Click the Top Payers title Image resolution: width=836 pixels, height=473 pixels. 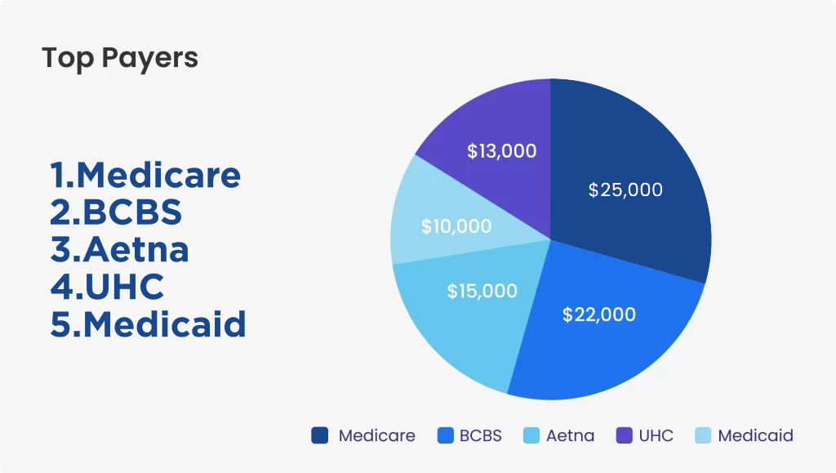120,58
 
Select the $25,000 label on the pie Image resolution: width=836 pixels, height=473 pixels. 625,190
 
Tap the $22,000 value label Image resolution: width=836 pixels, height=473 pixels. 598,315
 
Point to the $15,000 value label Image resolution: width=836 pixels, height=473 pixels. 482,291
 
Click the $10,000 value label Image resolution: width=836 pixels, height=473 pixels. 456,226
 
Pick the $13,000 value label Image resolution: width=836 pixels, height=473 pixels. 502,151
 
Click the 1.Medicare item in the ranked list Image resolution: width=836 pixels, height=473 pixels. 145,175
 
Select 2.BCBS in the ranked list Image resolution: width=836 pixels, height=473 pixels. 116,212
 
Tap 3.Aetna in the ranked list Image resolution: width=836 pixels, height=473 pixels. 119,249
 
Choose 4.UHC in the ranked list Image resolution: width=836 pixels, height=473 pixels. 107,287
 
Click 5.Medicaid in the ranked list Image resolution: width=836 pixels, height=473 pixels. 148,324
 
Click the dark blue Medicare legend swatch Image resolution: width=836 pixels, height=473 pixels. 320,435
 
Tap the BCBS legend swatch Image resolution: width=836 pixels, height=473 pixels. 445,435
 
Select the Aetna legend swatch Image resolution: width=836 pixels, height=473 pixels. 531,435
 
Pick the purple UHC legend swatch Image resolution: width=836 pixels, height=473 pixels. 625,435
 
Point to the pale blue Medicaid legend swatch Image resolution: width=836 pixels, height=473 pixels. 703,435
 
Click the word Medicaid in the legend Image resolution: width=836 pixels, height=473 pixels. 755,435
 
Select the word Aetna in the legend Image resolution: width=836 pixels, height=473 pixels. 570,435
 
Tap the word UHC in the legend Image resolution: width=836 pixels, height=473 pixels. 656,435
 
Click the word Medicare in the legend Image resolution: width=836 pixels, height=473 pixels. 377,435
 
